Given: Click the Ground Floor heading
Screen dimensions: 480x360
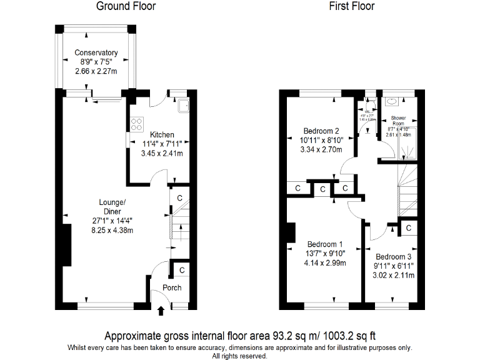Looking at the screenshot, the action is click(x=126, y=6).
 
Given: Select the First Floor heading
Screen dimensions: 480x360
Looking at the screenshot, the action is click(x=352, y=6).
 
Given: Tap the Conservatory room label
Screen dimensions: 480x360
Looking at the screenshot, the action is click(x=96, y=52).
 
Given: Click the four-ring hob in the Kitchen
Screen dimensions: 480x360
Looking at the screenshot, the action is click(x=136, y=124).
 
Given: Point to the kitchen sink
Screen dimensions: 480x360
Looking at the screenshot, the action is click(x=184, y=106).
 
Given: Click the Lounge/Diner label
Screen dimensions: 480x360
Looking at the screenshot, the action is click(x=112, y=206).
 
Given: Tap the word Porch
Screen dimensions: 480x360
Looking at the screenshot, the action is click(x=172, y=287).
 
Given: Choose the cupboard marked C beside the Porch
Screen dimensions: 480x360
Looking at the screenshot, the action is click(x=181, y=270).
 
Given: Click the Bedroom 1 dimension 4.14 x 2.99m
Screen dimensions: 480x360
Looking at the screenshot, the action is click(x=324, y=262).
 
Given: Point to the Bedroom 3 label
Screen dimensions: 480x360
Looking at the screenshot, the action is click(x=394, y=257).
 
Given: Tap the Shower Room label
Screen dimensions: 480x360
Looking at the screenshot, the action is click(x=398, y=121).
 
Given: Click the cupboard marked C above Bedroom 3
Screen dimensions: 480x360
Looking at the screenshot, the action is click(x=408, y=228).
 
